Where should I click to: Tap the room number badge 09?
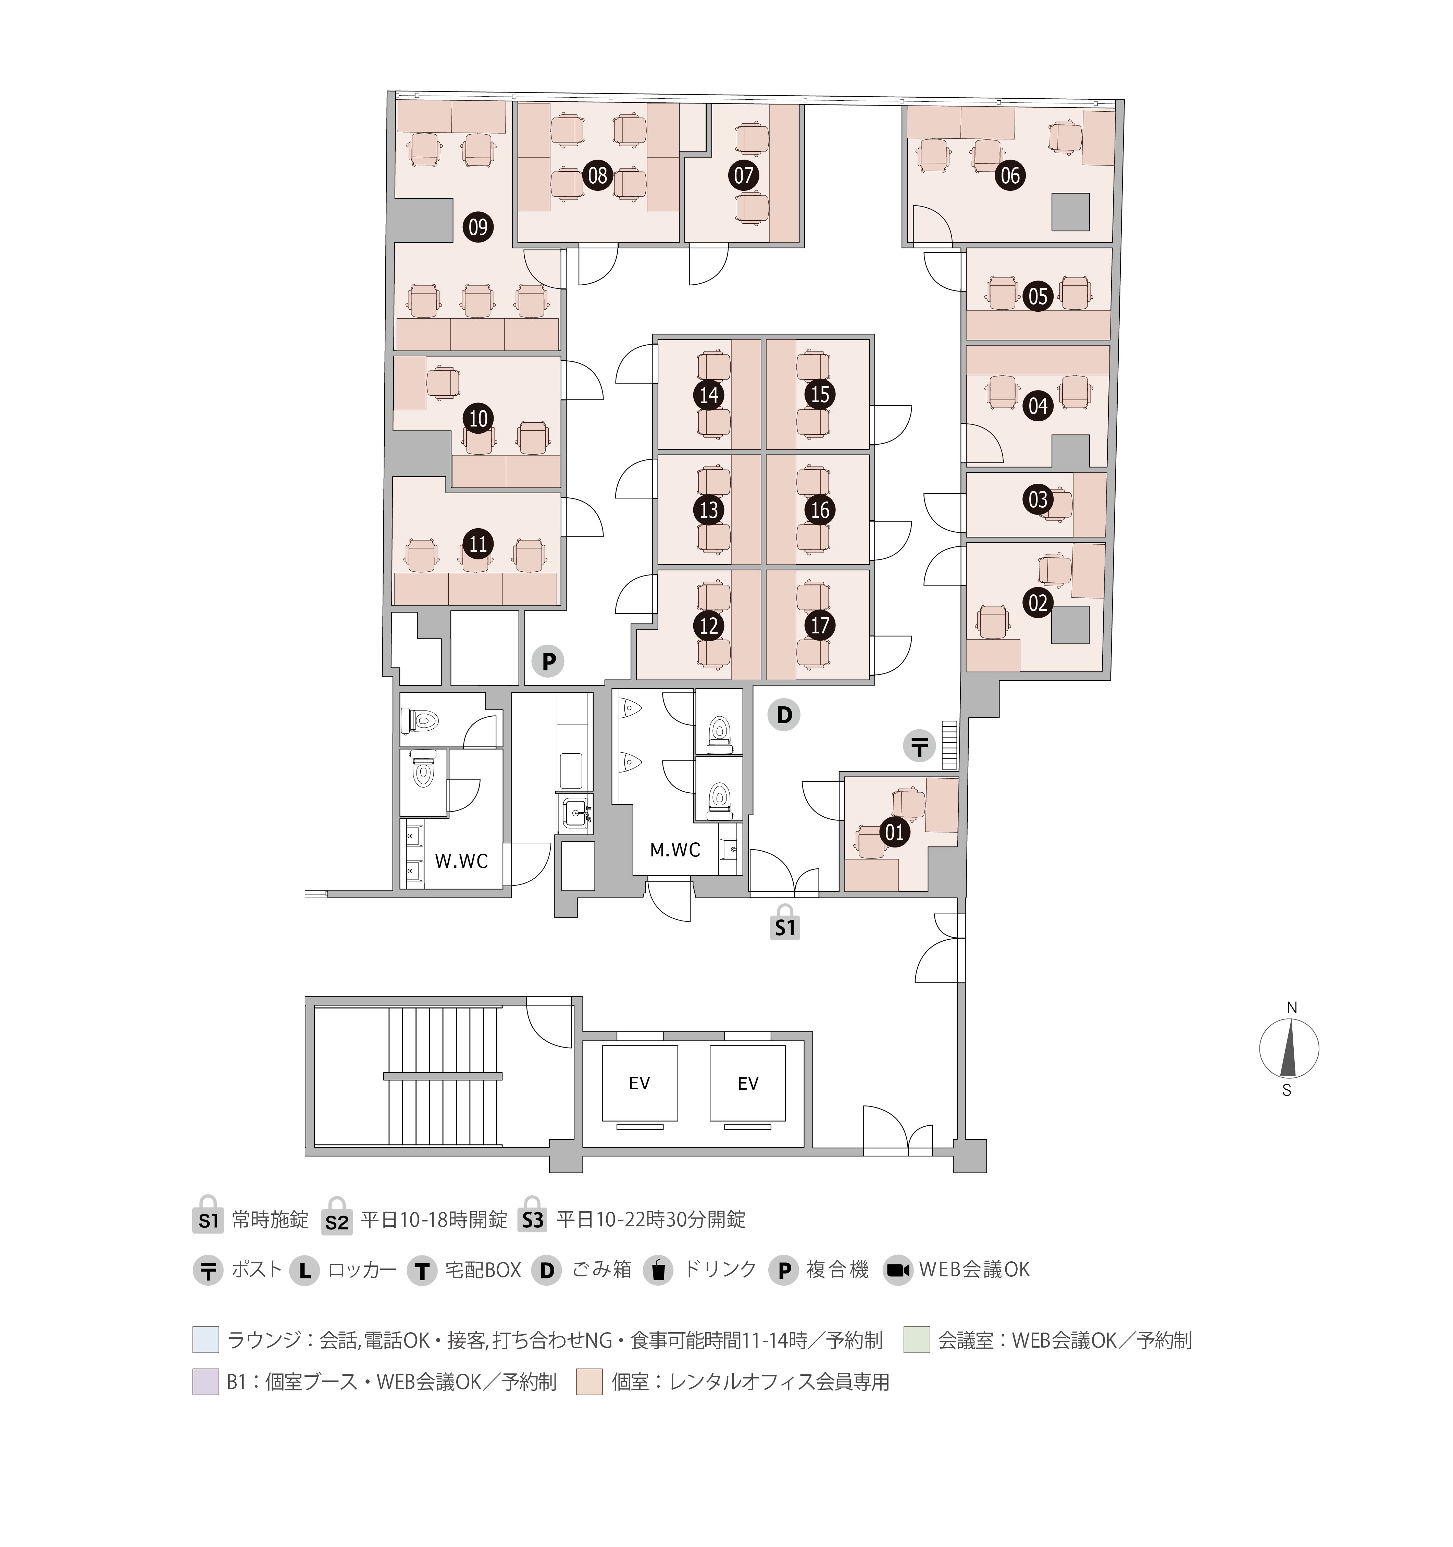tap(478, 227)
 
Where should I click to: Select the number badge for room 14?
tap(708, 395)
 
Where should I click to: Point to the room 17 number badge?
tap(820, 625)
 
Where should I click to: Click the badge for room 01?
tap(895, 833)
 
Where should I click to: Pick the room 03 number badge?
tap(1038, 499)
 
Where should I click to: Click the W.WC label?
tap(461, 861)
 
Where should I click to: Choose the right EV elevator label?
tap(748, 1083)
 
